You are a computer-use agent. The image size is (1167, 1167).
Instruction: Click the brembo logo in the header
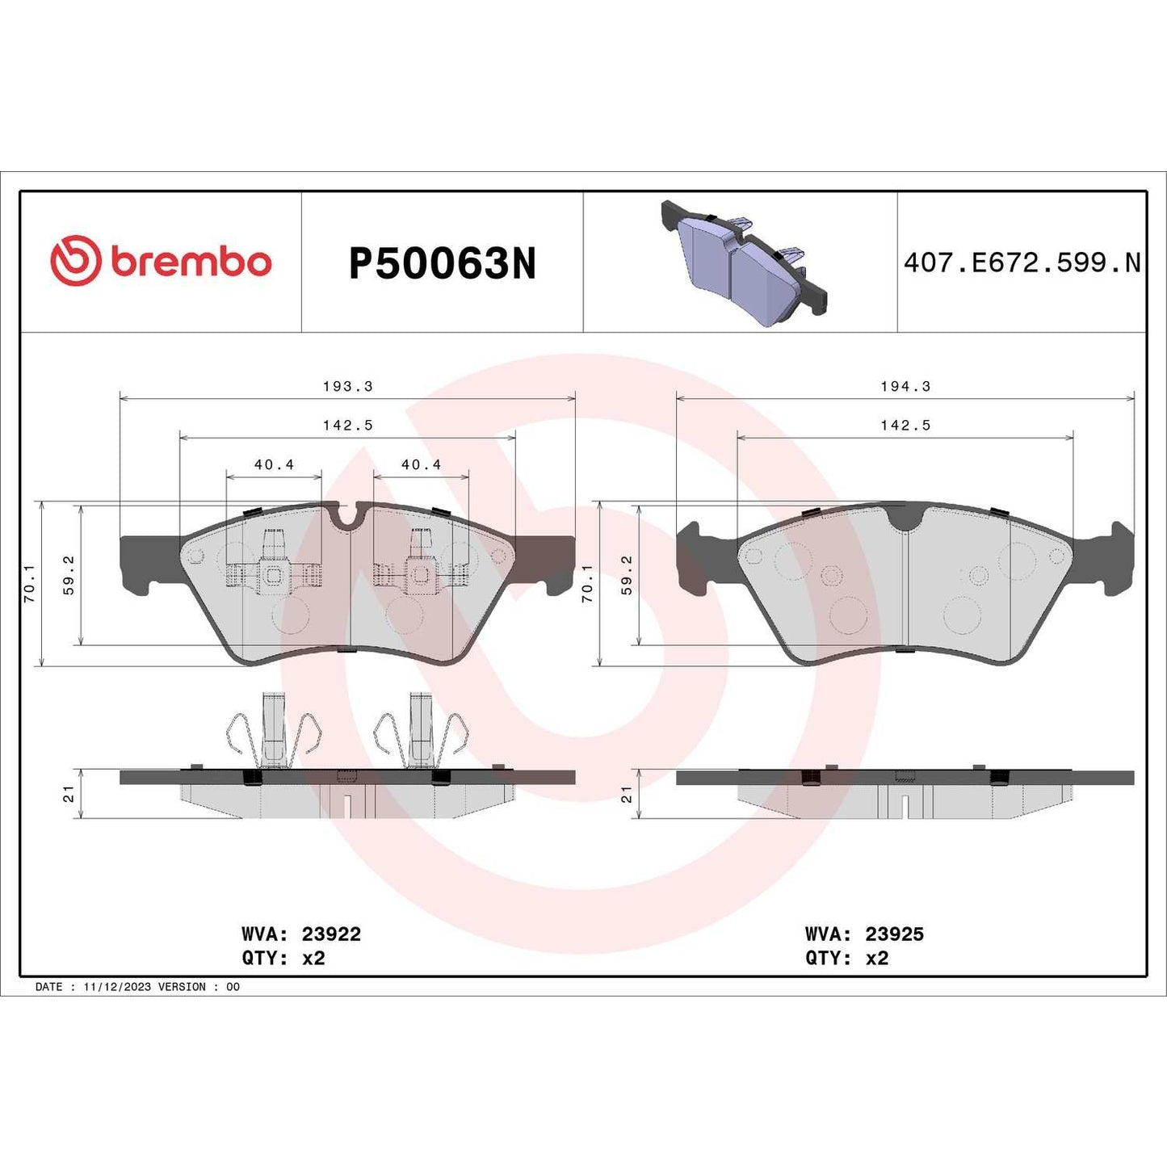161,262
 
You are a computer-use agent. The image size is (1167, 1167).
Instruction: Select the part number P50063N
442,263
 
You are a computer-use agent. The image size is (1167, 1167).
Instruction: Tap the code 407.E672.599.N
1022,262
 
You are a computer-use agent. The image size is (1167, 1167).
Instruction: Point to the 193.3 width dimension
347,386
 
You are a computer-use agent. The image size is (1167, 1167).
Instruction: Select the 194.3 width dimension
905,386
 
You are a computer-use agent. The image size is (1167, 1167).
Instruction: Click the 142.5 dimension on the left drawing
347,425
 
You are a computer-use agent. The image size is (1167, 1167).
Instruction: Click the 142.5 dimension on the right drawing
905,425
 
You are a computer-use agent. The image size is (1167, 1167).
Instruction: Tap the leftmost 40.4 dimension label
274,464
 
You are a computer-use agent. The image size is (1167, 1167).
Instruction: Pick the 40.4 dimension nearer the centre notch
421,464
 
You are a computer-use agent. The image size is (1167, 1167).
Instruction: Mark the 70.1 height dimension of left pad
30,583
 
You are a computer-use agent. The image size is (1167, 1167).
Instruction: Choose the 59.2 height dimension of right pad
627,575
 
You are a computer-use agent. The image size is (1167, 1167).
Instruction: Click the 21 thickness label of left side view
69,794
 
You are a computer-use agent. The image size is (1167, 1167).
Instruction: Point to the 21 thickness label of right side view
626,794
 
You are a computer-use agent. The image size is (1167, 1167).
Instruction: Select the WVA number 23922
331,934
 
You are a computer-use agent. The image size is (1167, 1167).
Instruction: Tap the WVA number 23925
894,934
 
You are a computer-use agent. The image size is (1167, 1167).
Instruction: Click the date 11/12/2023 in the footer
117,987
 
